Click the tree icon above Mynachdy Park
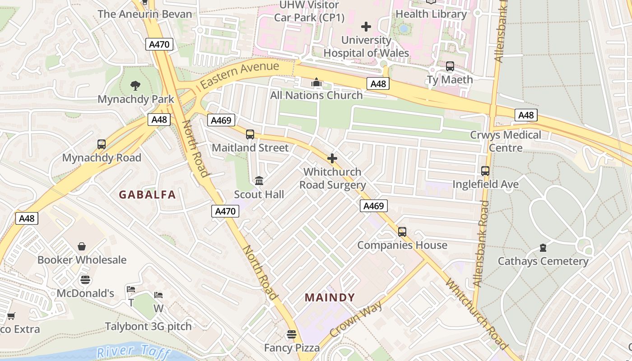point(135,85)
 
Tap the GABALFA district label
point(147,195)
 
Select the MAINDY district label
point(330,298)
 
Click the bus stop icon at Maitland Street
point(250,134)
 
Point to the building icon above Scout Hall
point(259,181)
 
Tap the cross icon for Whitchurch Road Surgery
point(332,158)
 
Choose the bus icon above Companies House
point(402,232)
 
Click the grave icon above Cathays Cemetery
point(543,248)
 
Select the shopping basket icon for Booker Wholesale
point(82,246)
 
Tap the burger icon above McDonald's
point(85,280)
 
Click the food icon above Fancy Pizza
point(292,334)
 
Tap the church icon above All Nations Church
point(316,82)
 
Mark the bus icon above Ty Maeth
point(450,66)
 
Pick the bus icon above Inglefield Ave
point(485,171)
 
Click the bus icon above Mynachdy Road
point(102,144)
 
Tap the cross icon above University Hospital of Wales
point(366,27)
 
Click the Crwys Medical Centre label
point(505,141)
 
